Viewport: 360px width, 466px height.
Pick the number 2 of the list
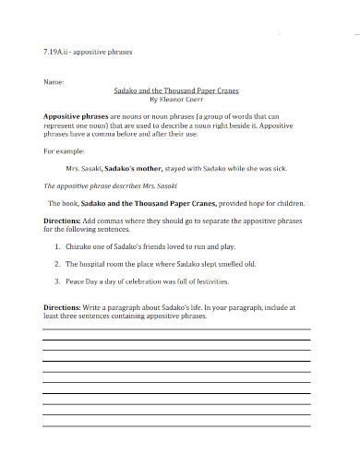(x=57, y=264)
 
